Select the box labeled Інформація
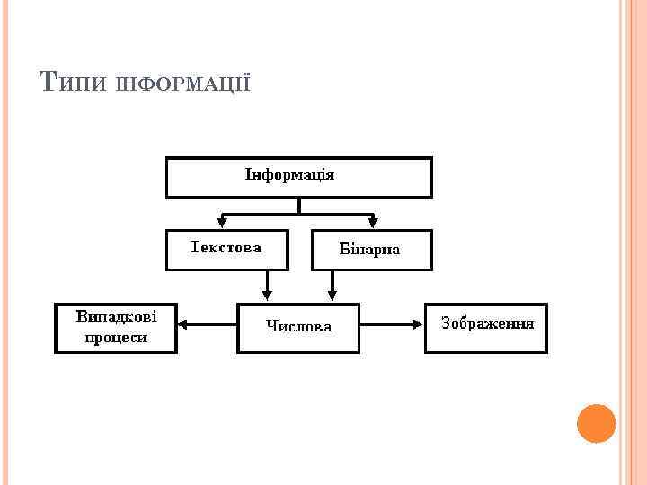pos(298,178)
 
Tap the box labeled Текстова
pos(226,250)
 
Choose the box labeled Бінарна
pos(371,251)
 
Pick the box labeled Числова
pos(297,327)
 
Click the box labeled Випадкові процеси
pos(116,327)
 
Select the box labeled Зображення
pos(485,327)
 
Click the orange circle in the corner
pos(596,424)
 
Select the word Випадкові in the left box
pos(116,317)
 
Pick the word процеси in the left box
pos(116,338)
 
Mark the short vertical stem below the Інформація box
pos(299,206)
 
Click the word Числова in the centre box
pos(298,327)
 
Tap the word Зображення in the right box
pos(487,322)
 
